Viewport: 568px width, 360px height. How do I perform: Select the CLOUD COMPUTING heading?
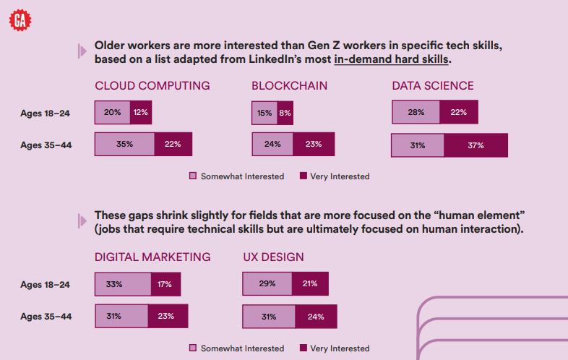tap(152, 86)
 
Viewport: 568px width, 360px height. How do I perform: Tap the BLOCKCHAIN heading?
tap(289, 86)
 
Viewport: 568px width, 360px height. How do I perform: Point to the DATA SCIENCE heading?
tap(433, 86)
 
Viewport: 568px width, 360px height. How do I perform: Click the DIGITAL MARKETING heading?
tap(152, 257)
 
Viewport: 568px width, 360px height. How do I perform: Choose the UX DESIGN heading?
tap(273, 257)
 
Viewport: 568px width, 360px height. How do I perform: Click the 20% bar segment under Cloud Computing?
tap(112, 113)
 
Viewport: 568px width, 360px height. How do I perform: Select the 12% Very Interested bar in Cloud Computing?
tap(140, 113)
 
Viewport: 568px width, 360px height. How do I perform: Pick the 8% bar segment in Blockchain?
tap(285, 113)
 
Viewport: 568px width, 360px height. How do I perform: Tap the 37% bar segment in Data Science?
tap(476, 145)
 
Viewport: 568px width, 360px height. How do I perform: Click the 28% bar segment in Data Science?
tap(416, 112)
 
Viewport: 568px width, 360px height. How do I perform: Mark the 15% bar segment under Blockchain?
tap(264, 113)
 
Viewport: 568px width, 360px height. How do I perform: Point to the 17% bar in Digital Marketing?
tap(165, 284)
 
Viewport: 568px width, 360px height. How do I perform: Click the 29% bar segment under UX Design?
tap(267, 283)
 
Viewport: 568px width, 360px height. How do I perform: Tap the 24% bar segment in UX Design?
tap(315, 317)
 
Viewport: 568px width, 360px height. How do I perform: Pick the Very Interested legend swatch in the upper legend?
tap(303, 176)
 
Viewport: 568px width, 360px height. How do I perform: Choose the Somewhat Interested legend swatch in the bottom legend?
tap(193, 348)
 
